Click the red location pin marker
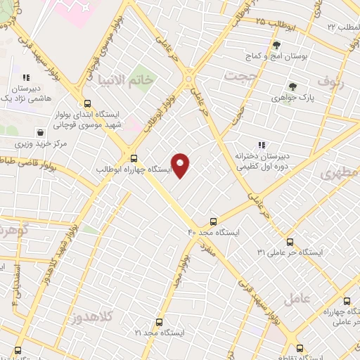(x=181, y=165)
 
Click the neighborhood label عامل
(x=296, y=298)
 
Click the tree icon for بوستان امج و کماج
(x=276, y=45)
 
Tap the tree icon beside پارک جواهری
(x=293, y=87)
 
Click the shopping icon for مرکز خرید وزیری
(x=41, y=131)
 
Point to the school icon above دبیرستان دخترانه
(x=262, y=145)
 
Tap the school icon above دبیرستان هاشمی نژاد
(x=26, y=78)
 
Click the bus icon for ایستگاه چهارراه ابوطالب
(x=133, y=157)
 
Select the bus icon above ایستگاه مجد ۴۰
(x=214, y=220)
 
